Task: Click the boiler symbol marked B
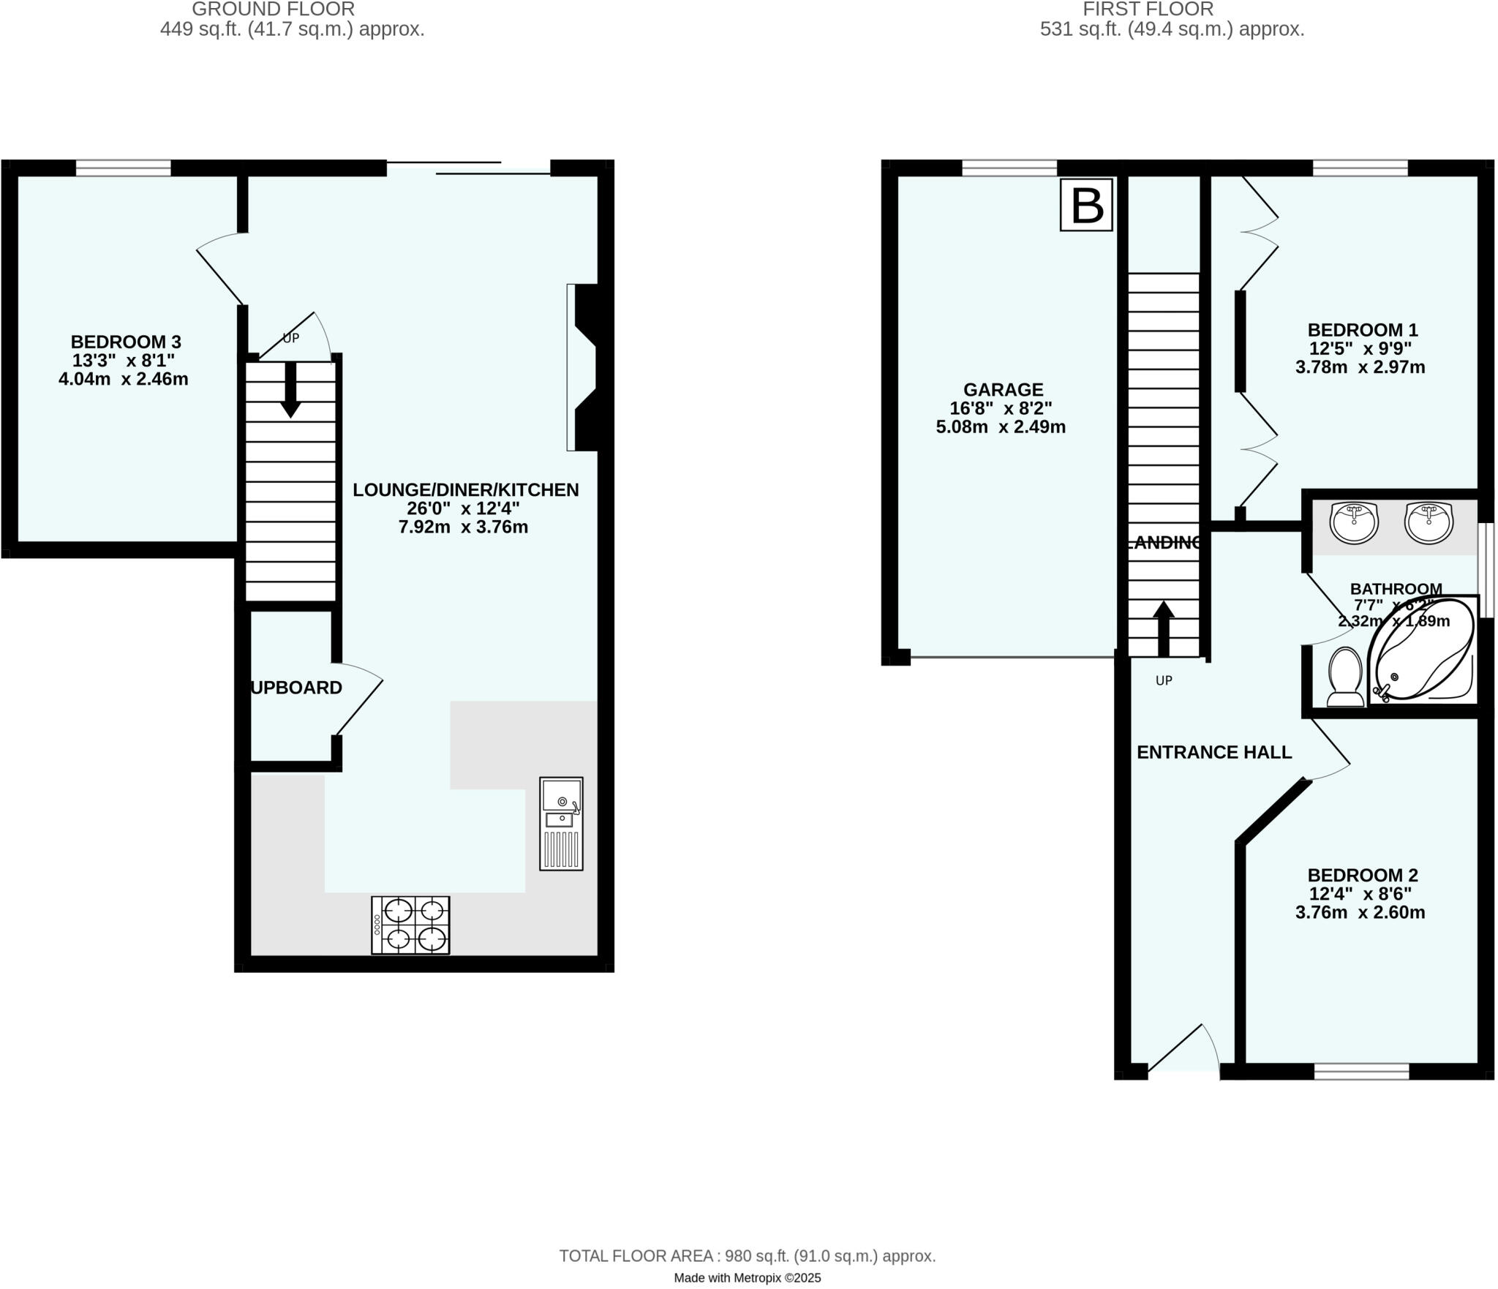coord(1086,206)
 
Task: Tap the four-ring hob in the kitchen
coord(410,925)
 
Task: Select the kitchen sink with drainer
coord(561,824)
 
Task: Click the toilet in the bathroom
coord(1344,677)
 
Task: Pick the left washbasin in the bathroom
coord(1354,523)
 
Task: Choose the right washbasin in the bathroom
coord(1428,523)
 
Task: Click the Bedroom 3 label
coord(126,342)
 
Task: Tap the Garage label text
coord(1003,390)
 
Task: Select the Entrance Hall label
coord(1214,752)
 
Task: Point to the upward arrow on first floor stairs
coord(1163,628)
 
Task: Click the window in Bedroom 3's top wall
coord(123,168)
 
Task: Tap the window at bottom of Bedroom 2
coord(1361,1072)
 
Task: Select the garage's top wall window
coord(1009,168)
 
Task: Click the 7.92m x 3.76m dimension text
coord(463,527)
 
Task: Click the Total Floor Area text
coord(748,1256)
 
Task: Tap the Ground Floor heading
coord(273,10)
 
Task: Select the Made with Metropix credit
coord(747,1278)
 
